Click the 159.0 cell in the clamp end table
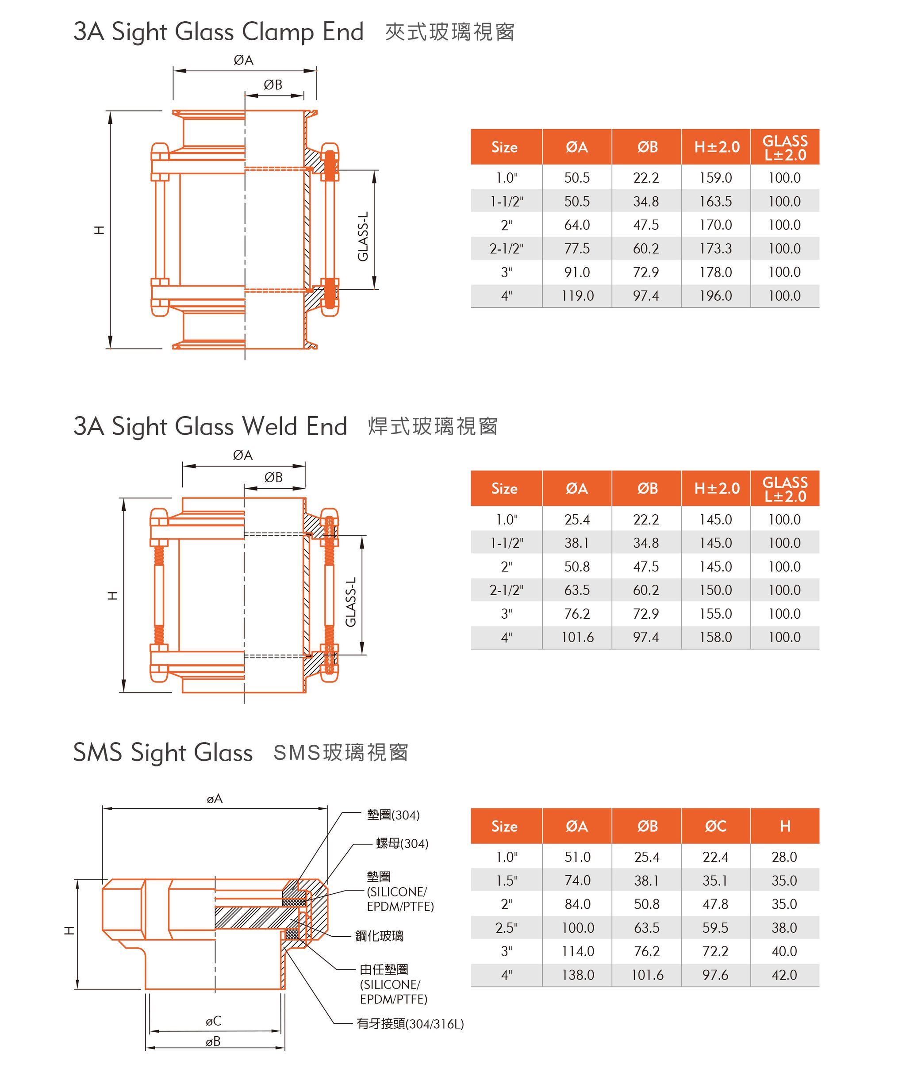pos(715,178)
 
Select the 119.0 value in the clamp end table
pos(577,296)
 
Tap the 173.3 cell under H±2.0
pos(715,249)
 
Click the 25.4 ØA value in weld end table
pos(577,520)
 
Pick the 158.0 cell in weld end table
pos(715,637)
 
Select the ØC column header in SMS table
pos(715,826)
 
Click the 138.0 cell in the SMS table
pos(577,975)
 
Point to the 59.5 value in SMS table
pos(715,927)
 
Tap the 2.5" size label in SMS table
pos(506,927)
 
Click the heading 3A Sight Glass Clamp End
pos(218,32)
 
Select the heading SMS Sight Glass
pos(163,753)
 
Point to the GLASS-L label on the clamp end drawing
pos(363,236)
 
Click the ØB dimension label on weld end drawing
pos(273,478)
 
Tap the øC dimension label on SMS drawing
pos(214,1021)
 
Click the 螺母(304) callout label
pos(402,844)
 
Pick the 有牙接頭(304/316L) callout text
pos(410,1024)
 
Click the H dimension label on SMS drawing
pos(69,930)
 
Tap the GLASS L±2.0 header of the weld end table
pos(784,489)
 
